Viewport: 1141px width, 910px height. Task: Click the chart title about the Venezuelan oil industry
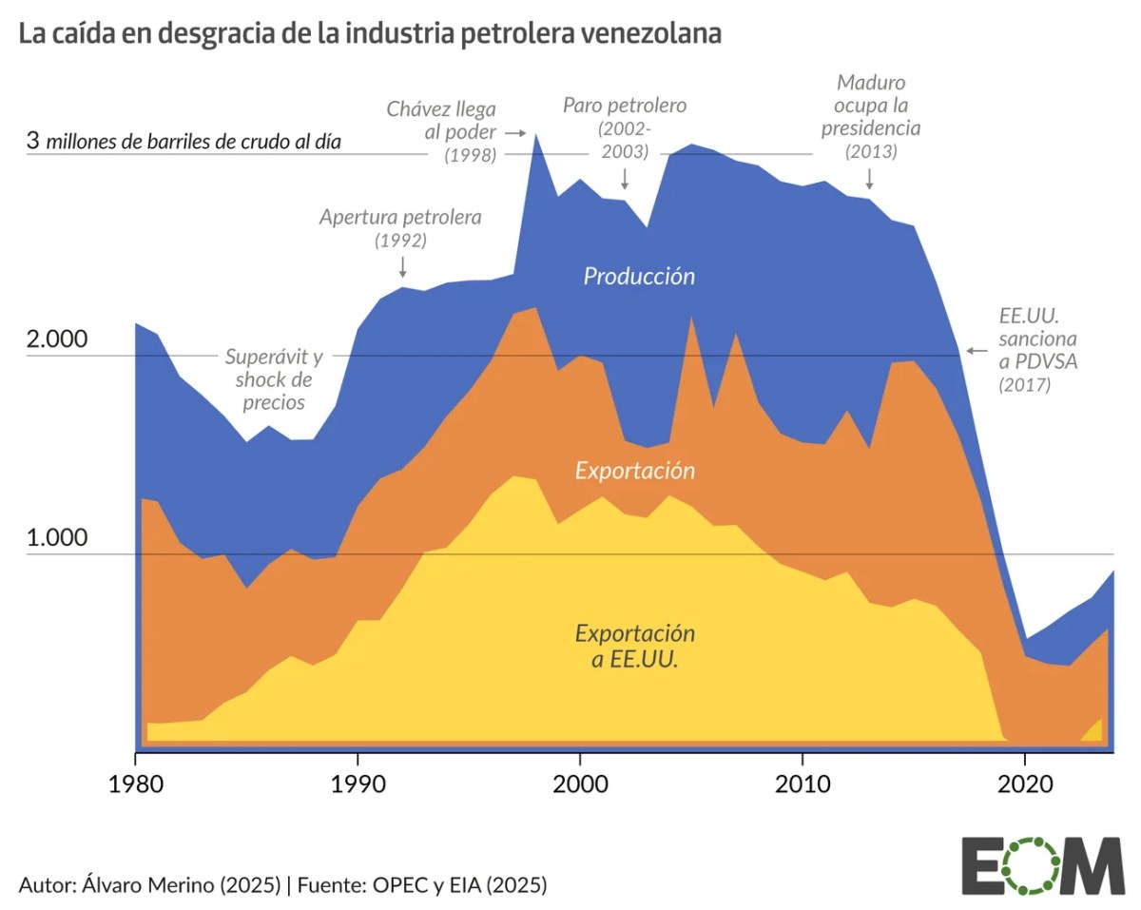(370, 34)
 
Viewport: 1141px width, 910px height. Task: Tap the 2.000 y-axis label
(57, 340)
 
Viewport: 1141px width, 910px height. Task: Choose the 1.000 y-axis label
(57, 538)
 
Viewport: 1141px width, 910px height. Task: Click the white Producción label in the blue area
(639, 277)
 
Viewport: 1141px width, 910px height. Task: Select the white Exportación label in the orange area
(635, 471)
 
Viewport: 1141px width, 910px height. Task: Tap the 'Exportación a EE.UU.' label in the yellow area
(635, 646)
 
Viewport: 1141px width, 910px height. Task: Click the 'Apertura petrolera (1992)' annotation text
(400, 228)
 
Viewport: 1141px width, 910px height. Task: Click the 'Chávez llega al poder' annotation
(447, 131)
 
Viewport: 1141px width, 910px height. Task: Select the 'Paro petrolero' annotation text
(624, 127)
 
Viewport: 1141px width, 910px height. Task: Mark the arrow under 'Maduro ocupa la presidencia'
(869, 179)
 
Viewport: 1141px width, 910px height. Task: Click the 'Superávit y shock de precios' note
(274, 379)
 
